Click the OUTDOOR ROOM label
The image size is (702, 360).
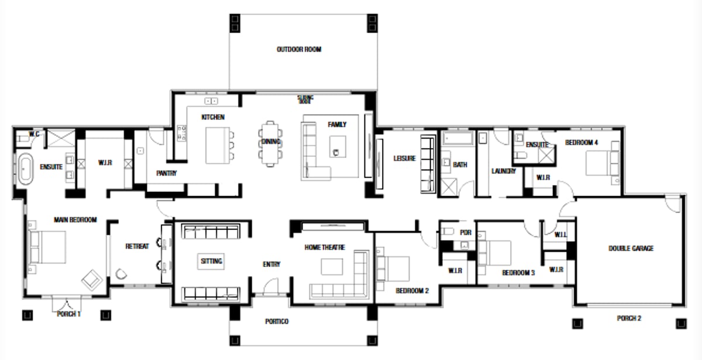coord(299,50)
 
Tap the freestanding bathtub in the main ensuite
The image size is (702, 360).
coord(25,169)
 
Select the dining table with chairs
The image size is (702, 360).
coord(270,141)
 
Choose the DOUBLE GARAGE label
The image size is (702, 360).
coord(631,248)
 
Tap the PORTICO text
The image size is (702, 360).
coord(277,321)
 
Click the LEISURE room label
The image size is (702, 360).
coord(404,159)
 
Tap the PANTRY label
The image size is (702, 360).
coord(167,173)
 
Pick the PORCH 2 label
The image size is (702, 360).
coord(629,318)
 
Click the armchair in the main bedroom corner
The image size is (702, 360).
coord(92,279)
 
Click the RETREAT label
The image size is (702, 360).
coord(137,246)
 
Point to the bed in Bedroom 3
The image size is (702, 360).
coord(495,252)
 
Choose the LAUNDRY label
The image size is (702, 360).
coord(504,171)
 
